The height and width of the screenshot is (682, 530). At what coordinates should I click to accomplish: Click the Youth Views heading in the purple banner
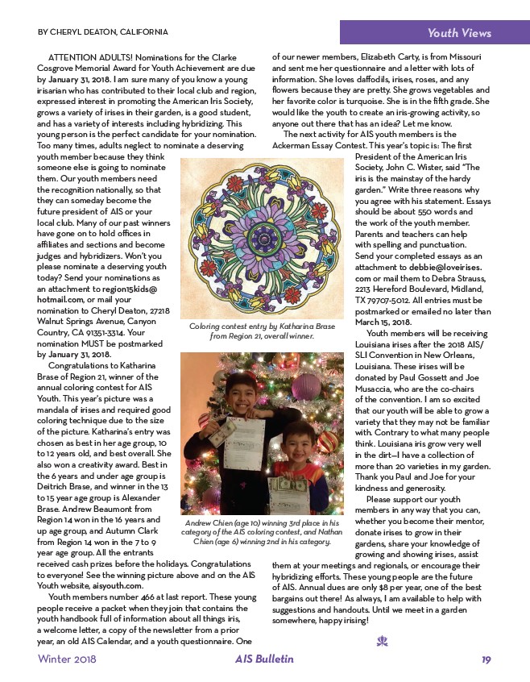pos(458,33)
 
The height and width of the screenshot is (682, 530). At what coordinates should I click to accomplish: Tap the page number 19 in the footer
pos(487,659)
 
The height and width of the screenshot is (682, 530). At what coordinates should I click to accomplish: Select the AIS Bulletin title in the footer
pos(259,659)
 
